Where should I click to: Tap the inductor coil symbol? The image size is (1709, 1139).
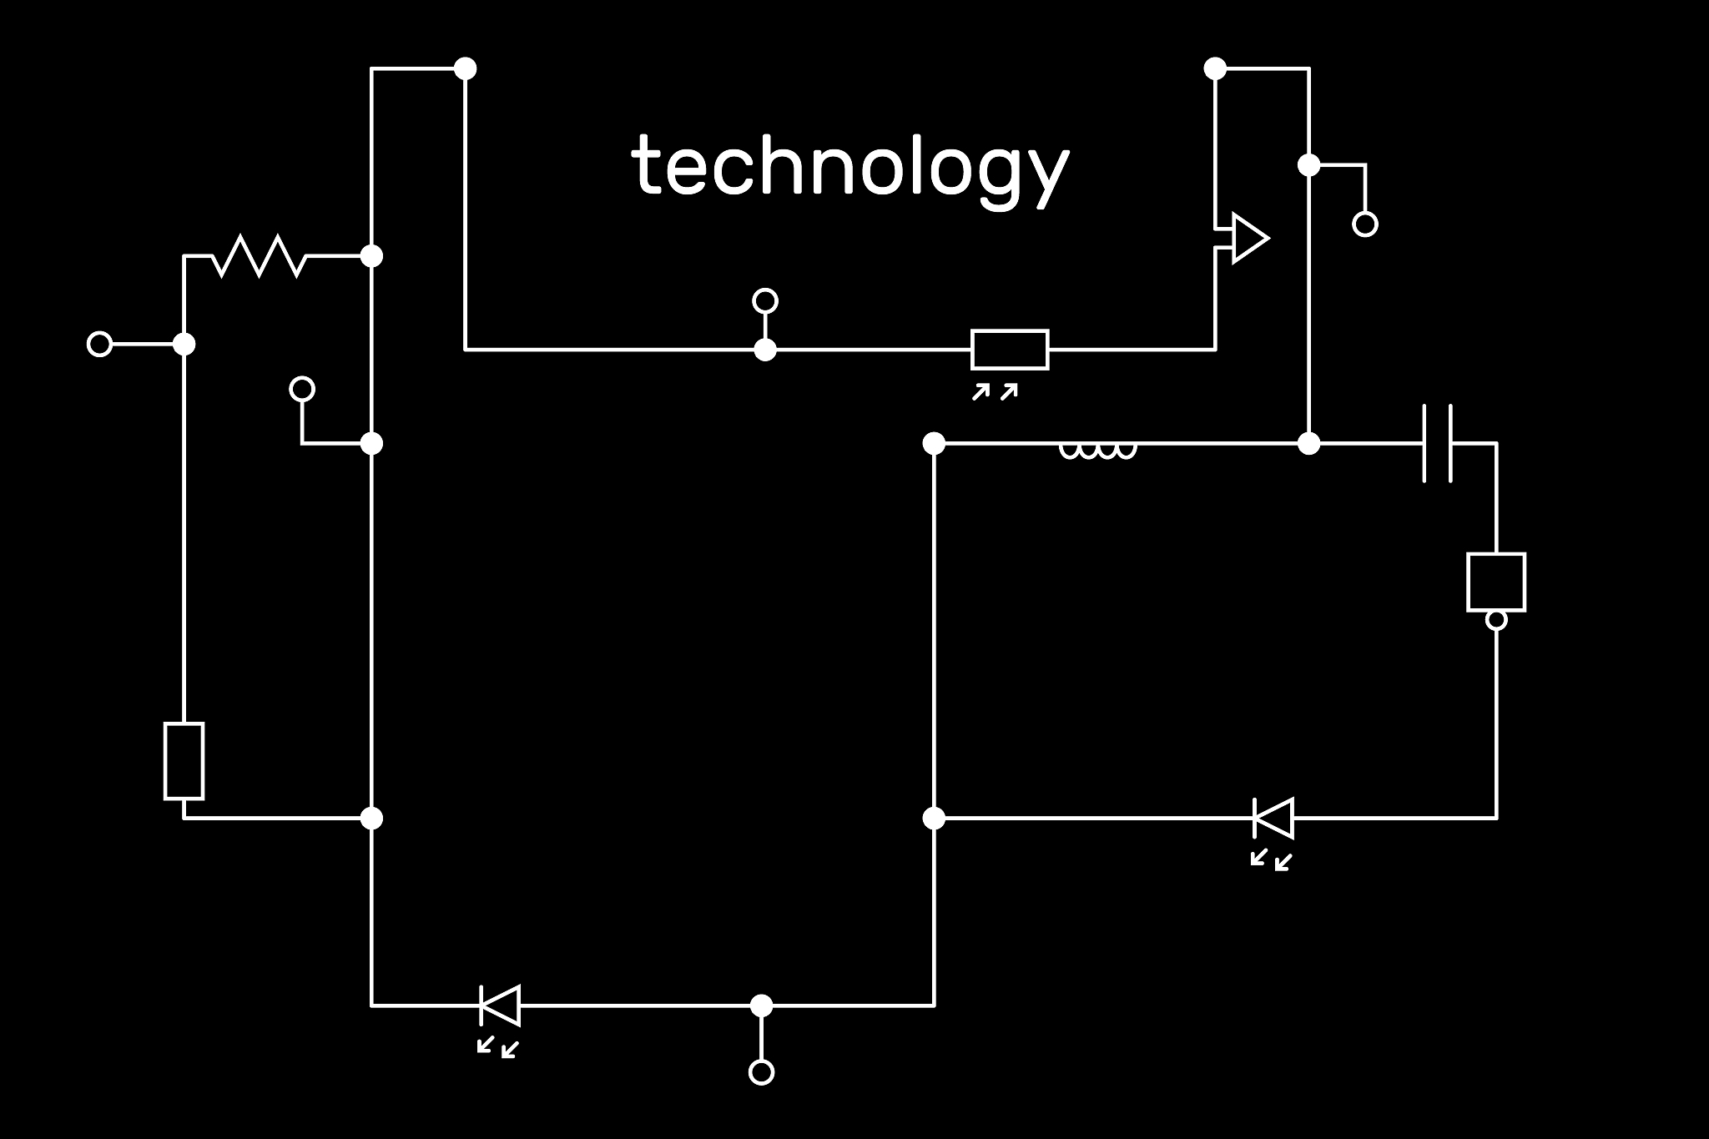click(x=1097, y=450)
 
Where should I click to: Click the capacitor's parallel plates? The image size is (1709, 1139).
click(x=1438, y=444)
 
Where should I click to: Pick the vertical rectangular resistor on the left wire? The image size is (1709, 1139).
click(x=184, y=761)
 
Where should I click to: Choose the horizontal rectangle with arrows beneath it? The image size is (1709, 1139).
click(x=1010, y=349)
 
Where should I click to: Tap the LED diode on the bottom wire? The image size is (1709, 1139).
click(x=500, y=1005)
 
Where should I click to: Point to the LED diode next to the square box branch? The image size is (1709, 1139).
click(x=1273, y=818)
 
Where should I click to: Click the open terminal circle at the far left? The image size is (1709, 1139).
click(x=99, y=344)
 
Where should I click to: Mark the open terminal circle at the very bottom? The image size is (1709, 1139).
click(x=761, y=1072)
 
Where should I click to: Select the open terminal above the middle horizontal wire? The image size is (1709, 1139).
click(x=765, y=300)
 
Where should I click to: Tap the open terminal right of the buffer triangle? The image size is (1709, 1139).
click(x=1365, y=224)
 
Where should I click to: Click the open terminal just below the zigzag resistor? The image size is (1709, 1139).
click(x=302, y=389)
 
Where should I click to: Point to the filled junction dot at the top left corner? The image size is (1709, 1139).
click(x=465, y=68)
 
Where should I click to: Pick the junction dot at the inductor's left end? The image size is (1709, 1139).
click(x=934, y=444)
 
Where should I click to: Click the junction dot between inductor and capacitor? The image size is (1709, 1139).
click(x=1309, y=444)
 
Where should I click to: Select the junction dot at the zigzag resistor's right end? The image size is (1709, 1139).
click(x=371, y=256)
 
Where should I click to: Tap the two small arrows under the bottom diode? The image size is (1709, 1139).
click(x=498, y=1047)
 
